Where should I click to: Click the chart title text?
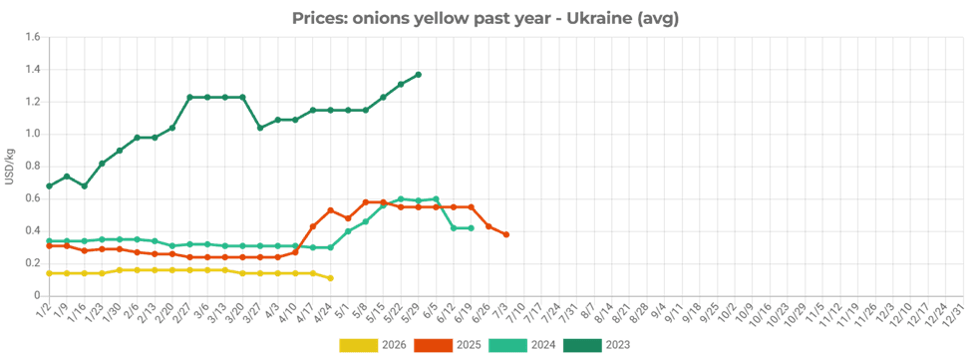[485, 19]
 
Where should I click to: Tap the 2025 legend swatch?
[433, 345]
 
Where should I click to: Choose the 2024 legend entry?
[522, 345]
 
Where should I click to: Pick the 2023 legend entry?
[596, 345]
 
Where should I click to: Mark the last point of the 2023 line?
[419, 75]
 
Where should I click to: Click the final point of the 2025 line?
[506, 234]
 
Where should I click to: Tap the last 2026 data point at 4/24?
[331, 278]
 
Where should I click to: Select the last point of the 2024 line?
[472, 228]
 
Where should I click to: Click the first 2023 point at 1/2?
[49, 185]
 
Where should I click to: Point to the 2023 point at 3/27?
[260, 128]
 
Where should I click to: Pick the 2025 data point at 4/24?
[331, 210]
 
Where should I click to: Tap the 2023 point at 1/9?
[67, 177]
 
